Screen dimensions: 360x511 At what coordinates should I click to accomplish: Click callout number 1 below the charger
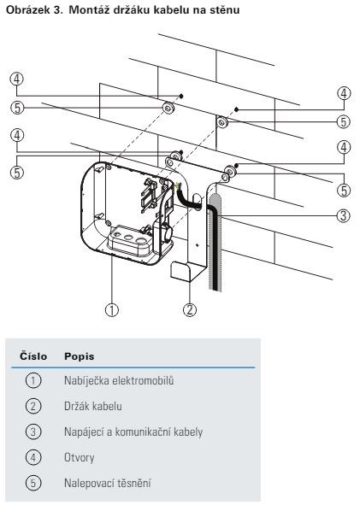click(111, 309)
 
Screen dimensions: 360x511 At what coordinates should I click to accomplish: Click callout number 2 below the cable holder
click(190, 309)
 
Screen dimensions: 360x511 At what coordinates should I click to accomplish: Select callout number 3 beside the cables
click(344, 215)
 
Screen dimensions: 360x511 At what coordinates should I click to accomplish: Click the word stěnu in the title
click(223, 9)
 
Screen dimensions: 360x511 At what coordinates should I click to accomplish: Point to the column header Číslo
click(33, 356)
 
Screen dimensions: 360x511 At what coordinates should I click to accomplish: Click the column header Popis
click(80, 356)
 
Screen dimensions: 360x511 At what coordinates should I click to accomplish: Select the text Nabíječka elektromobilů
click(119, 380)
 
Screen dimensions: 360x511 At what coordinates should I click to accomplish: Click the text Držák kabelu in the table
click(93, 407)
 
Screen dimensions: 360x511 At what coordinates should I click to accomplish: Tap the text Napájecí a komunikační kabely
click(133, 432)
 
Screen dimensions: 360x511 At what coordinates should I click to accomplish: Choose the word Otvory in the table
click(80, 457)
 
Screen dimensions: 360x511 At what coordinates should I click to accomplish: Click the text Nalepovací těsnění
click(107, 483)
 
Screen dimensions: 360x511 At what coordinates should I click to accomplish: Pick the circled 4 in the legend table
click(33, 457)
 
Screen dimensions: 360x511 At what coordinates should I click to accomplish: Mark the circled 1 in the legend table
click(33, 380)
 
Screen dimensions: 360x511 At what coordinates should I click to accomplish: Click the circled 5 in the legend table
click(33, 483)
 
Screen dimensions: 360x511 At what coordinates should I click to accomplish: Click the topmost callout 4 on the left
click(17, 79)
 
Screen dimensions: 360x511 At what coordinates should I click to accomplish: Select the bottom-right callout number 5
click(344, 190)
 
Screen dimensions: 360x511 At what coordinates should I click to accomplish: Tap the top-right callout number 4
click(344, 93)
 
